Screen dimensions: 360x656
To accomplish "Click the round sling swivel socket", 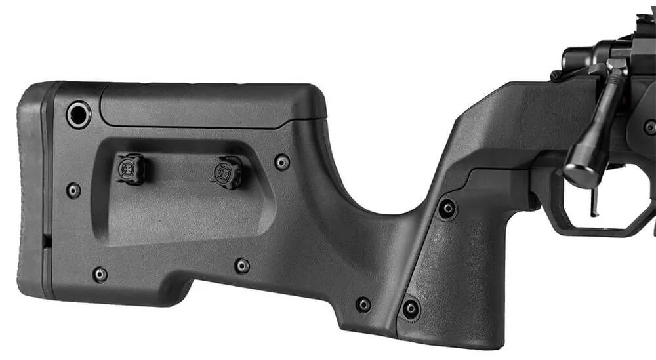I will point(79,115).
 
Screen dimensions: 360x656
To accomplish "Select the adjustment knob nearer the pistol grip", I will point(228,172).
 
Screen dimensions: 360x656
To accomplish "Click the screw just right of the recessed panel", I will point(282,162).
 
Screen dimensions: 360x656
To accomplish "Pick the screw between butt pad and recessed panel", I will point(73,191).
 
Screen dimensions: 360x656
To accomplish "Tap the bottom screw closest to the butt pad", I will point(100,274).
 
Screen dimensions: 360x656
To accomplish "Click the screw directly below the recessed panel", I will point(242,266).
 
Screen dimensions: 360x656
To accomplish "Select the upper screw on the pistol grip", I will point(447,209).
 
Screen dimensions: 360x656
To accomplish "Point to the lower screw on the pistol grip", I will point(411,309).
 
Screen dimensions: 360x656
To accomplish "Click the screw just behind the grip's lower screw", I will point(363,304).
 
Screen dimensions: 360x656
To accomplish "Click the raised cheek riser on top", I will point(210,105).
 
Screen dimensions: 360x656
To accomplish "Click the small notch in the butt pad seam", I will point(47,241).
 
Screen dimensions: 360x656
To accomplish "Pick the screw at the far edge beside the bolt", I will point(649,127).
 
